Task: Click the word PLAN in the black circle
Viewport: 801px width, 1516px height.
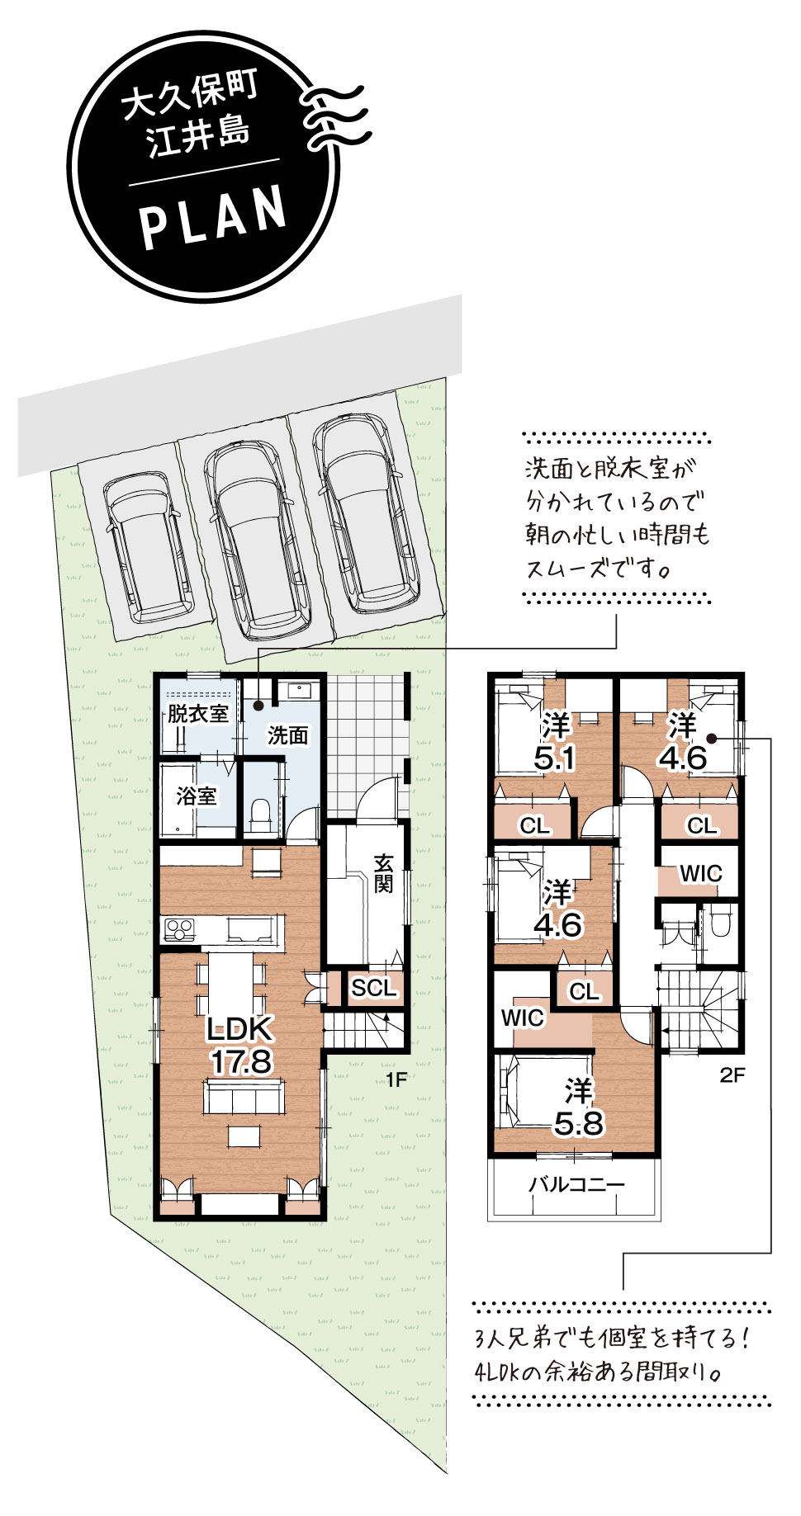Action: tap(214, 217)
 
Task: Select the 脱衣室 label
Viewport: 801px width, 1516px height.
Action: tap(198, 714)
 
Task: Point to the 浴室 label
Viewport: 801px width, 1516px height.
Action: tap(197, 796)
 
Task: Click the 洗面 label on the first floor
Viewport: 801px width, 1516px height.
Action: tap(287, 735)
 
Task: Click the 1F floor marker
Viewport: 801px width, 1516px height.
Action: tap(396, 1079)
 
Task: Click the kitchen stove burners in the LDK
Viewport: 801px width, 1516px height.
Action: tap(178, 929)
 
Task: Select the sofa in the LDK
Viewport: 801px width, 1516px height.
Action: tap(244, 1096)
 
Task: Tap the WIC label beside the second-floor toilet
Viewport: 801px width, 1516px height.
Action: tap(700, 873)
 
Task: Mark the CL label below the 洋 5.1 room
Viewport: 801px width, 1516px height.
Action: tap(535, 824)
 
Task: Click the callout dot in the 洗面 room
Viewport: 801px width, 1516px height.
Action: tap(258, 705)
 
